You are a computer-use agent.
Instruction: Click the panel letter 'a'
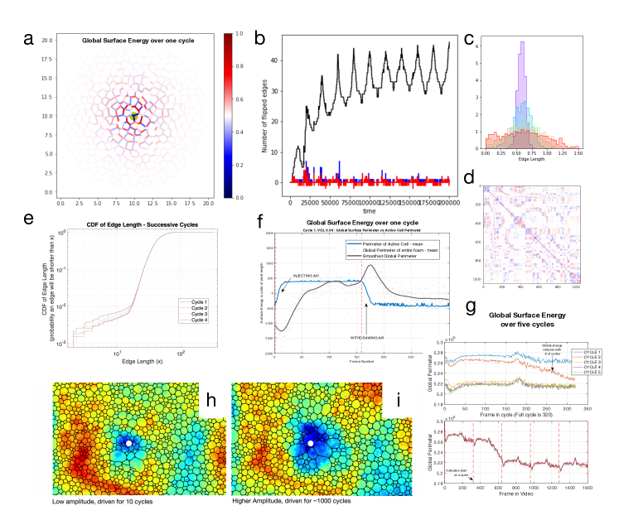(30, 38)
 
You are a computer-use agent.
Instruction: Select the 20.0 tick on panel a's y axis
(47, 40)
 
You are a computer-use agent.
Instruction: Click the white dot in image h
(129, 444)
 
